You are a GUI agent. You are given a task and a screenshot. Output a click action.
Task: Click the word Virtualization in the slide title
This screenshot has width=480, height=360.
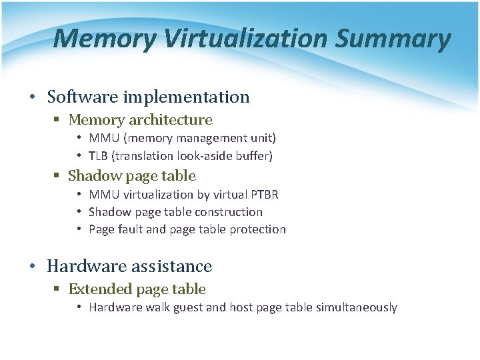click(x=244, y=39)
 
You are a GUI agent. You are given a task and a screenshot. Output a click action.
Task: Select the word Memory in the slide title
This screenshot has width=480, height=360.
click(x=104, y=39)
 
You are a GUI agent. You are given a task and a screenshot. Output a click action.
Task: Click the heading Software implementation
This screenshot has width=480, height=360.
click(x=148, y=97)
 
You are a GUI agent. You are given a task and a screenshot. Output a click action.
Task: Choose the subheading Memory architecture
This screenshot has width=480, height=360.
click(x=140, y=120)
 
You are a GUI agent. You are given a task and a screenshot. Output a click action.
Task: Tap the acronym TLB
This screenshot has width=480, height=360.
click(x=99, y=155)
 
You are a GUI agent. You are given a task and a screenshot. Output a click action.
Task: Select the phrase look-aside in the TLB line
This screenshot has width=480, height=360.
click(x=205, y=155)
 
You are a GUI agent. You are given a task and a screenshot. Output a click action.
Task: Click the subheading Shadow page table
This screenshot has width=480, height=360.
click(x=132, y=176)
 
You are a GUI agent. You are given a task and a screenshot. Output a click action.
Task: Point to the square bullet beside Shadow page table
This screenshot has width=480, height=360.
click(x=58, y=177)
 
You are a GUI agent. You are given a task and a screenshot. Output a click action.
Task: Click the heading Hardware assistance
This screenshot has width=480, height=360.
click(x=129, y=266)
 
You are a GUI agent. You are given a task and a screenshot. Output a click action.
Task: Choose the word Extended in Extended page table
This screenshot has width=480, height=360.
click(x=101, y=289)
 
